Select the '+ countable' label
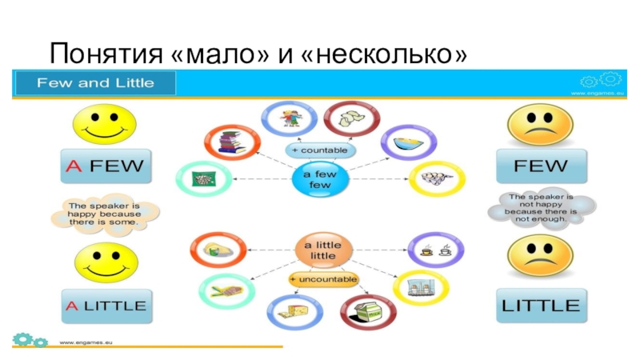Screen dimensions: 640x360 (x=322, y=150)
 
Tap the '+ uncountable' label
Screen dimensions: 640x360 (x=323, y=278)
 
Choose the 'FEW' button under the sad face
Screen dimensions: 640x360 (x=541, y=166)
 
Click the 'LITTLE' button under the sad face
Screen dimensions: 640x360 (x=541, y=305)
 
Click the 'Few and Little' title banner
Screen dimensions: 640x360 (x=95, y=82)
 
